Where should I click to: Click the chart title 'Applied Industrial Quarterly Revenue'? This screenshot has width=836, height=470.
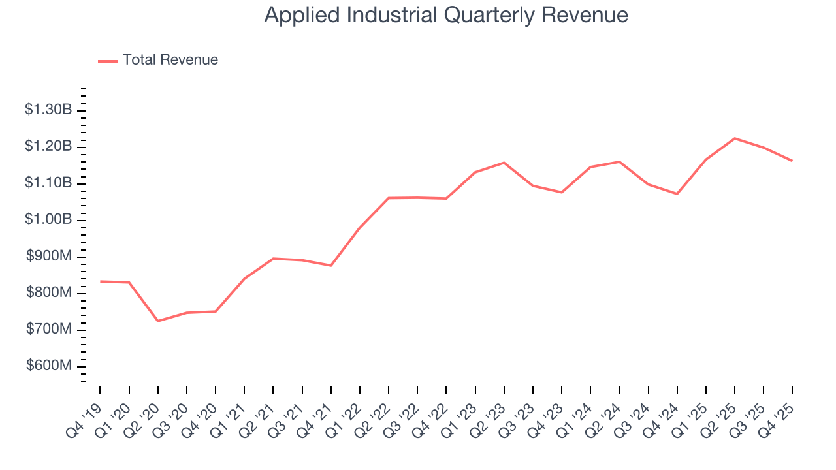point(446,15)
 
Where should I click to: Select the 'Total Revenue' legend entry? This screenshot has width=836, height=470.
point(170,60)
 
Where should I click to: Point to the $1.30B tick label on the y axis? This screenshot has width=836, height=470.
point(48,110)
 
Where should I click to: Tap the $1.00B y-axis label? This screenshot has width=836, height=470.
point(48,219)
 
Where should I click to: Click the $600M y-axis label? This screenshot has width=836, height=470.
point(50,366)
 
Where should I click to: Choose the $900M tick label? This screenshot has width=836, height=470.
point(50,256)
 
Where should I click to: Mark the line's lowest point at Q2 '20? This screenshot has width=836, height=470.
point(158,321)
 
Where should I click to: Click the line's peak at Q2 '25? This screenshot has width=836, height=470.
point(735,138)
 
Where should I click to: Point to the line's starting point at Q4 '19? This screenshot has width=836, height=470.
point(101,281)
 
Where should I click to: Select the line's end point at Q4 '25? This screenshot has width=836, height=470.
point(792,161)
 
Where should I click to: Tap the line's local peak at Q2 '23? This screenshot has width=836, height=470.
point(504,163)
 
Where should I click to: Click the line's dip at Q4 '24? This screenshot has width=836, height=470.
point(677,194)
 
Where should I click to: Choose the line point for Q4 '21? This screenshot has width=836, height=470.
point(331,266)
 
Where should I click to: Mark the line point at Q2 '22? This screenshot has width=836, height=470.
point(389,198)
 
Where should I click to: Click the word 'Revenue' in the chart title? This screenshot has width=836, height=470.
point(591,15)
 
